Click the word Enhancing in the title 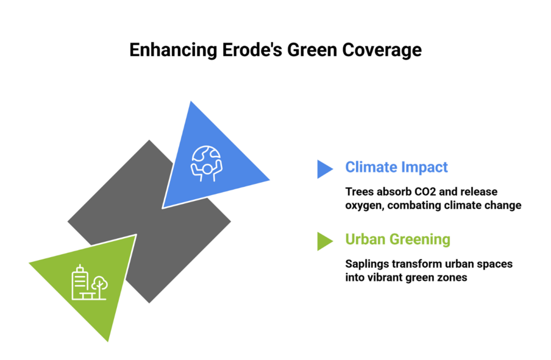pos(173,50)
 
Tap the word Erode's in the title pos(252,50)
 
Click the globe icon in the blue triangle pos(207,164)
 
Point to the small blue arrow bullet pos(325,169)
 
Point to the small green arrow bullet pos(325,241)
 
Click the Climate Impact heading pos(397,167)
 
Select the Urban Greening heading pos(398,239)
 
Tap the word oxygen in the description pos(365,206)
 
